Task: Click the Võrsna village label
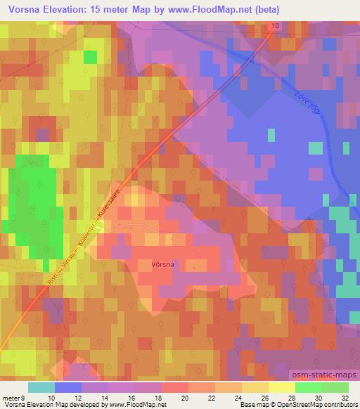(x=163, y=264)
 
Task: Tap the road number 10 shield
(x=274, y=26)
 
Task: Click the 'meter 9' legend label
(x=15, y=397)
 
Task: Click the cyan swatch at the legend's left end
(x=41, y=387)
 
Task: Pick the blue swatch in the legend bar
(x=68, y=387)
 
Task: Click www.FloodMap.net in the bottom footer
(x=134, y=405)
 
